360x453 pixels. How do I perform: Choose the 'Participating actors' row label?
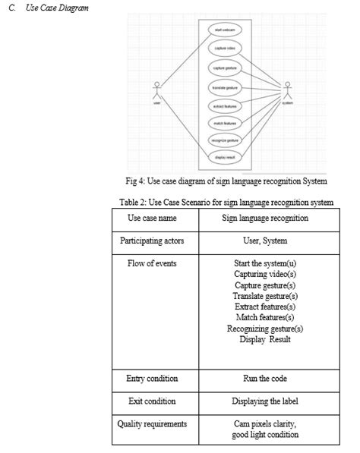coord(152,241)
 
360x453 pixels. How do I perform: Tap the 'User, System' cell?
coord(264,241)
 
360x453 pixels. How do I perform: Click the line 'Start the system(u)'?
coord(264,264)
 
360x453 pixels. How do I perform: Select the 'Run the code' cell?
coord(264,379)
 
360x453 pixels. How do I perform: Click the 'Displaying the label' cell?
coord(264,401)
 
